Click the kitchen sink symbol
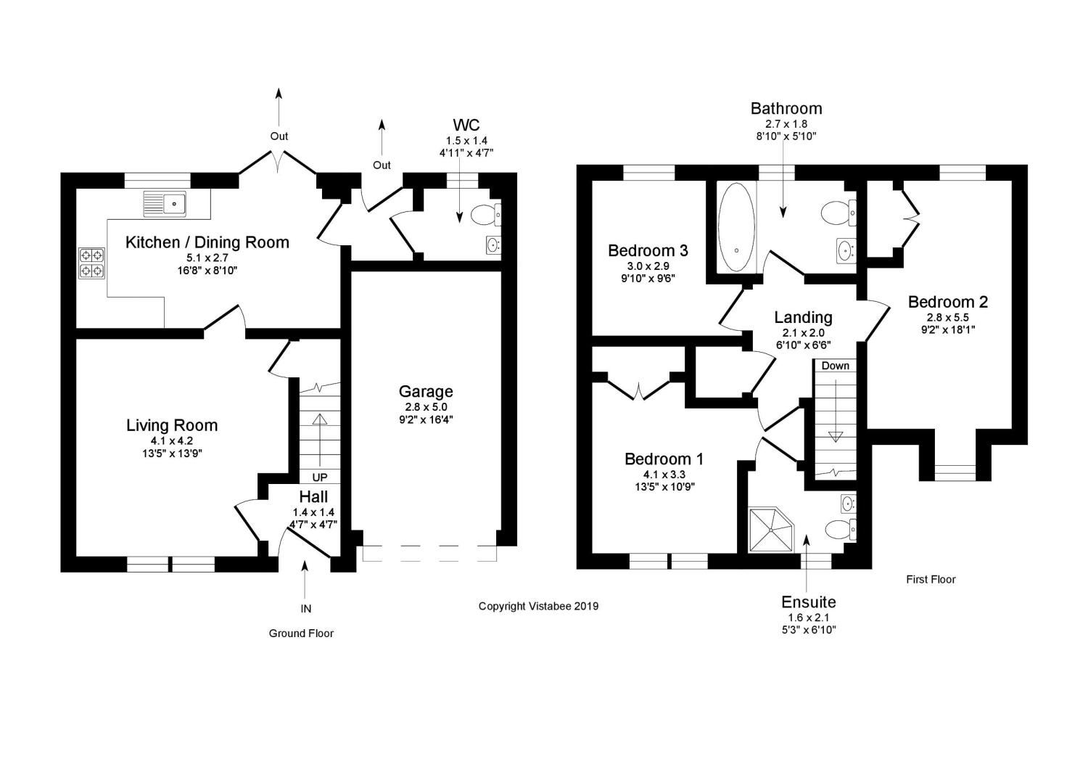pyautogui.click(x=165, y=204)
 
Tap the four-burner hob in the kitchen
pyautogui.click(x=91, y=263)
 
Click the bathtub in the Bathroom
pyautogui.click(x=736, y=226)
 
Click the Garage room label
pyautogui.click(x=429, y=392)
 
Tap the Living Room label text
pyautogui.click(x=172, y=425)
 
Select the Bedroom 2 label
pyautogui.click(x=947, y=302)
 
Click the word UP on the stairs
pyautogui.click(x=319, y=477)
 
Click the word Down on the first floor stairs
pyautogui.click(x=835, y=366)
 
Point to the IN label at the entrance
pyautogui.click(x=305, y=609)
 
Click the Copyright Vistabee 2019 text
pyautogui.click(x=538, y=606)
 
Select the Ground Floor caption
pyautogui.click(x=301, y=633)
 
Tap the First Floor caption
pyautogui.click(x=931, y=579)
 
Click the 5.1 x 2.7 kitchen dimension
pyautogui.click(x=207, y=258)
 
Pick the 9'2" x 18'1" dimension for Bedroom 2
pyautogui.click(x=947, y=329)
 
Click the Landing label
pyautogui.click(x=803, y=317)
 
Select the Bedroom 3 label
pyautogui.click(x=648, y=250)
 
